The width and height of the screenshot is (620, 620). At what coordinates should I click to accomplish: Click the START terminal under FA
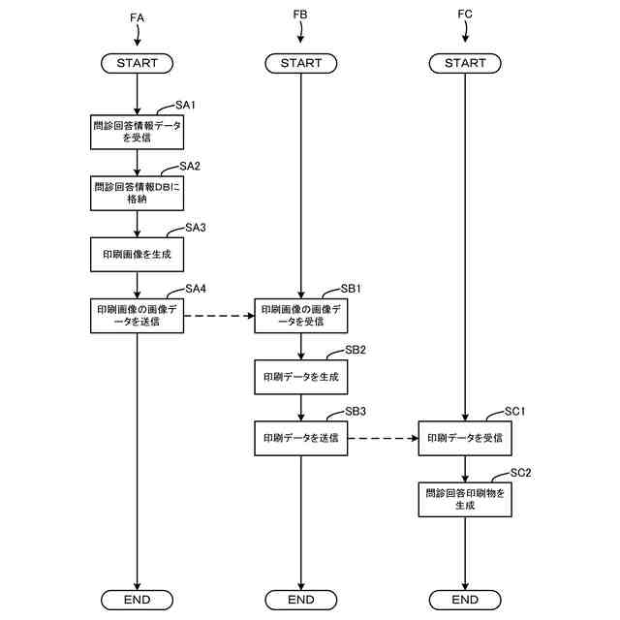(137, 63)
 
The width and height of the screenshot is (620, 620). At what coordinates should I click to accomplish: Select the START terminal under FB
(300, 63)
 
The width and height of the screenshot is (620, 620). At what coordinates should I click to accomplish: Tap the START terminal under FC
(465, 63)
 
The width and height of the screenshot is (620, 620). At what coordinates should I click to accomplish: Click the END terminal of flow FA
(137, 600)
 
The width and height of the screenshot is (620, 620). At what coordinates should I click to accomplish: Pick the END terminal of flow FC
(465, 600)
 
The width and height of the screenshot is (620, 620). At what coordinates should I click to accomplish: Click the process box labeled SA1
(137, 131)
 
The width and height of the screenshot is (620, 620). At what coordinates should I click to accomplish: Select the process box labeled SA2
(137, 192)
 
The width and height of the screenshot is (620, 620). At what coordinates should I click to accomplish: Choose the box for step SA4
(137, 315)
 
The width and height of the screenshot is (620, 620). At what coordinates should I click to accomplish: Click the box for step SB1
(300, 315)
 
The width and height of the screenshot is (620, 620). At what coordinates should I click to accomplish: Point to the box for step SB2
(300, 376)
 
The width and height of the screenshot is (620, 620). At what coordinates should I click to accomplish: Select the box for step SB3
(300, 438)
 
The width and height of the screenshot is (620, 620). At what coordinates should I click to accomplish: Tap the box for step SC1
(465, 438)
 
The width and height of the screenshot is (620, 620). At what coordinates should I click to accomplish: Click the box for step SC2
(465, 499)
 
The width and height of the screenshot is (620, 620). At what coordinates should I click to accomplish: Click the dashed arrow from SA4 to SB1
(218, 315)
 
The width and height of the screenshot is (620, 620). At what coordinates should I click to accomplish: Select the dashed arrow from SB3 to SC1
(382, 438)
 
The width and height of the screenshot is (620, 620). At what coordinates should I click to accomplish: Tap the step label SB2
(355, 350)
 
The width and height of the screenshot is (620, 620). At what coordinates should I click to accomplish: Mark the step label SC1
(516, 412)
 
